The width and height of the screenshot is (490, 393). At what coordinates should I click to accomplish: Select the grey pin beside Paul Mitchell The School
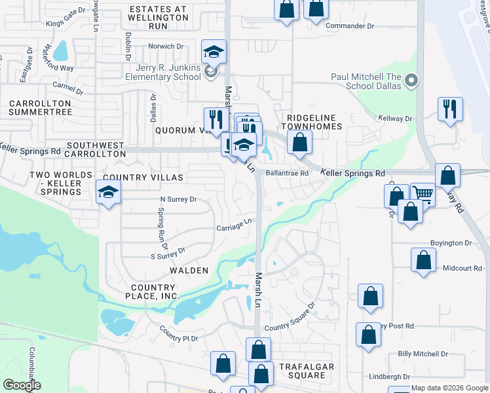[x=411, y=81]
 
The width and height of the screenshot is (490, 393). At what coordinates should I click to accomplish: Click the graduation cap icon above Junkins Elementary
[x=214, y=52]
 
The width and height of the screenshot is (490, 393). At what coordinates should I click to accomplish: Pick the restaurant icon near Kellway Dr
[x=450, y=108]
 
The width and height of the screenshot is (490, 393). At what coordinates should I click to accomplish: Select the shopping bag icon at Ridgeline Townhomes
[x=299, y=141]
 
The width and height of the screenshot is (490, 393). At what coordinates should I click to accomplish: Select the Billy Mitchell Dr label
[x=423, y=354]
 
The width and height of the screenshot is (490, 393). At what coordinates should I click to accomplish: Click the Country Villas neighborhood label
[x=143, y=178]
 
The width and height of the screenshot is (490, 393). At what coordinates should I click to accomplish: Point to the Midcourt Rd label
[x=462, y=269]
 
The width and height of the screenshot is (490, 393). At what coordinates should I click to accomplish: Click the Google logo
[x=22, y=385]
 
